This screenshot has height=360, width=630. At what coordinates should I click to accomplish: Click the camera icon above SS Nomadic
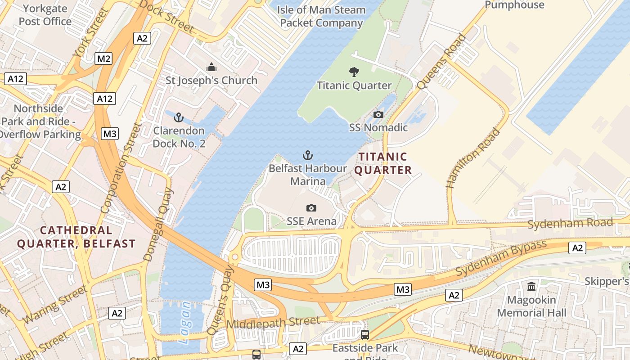click(x=378, y=114)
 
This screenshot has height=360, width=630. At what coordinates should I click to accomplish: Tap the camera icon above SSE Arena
click(x=311, y=208)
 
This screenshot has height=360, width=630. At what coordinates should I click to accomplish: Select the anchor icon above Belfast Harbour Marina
click(x=307, y=156)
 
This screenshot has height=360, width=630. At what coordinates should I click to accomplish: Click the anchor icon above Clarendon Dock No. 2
click(x=179, y=118)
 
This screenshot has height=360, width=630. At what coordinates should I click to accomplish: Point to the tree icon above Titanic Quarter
click(x=354, y=72)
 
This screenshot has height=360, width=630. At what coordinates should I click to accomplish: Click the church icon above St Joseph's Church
click(x=211, y=67)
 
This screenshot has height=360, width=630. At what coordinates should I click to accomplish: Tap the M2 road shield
click(x=103, y=58)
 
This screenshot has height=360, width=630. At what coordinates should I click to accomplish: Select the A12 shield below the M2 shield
click(x=105, y=99)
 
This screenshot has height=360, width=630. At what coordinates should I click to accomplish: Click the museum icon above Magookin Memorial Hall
click(x=531, y=286)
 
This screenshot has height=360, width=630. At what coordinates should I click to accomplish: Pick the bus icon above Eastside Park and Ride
click(x=365, y=335)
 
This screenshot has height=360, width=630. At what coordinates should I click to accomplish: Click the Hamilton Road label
click(x=473, y=158)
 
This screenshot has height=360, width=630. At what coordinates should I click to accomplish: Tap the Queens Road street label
click(x=441, y=62)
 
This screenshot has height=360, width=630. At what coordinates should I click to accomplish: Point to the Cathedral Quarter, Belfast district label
click(x=76, y=237)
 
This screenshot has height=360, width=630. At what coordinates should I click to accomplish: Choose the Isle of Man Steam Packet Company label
click(x=321, y=16)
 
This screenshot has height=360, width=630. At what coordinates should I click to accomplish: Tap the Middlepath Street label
click(x=274, y=323)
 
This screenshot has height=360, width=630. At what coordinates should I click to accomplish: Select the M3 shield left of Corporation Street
click(x=110, y=134)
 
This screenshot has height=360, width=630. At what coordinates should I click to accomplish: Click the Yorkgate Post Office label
click(x=45, y=15)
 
